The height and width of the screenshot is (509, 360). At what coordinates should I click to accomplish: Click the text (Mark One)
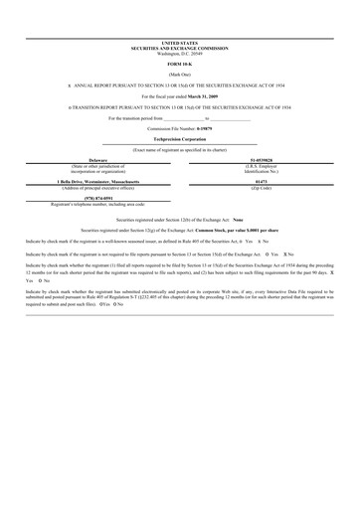(179, 75)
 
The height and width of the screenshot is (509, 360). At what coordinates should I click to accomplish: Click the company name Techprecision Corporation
(179, 139)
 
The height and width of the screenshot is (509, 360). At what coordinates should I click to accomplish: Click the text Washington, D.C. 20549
(179, 52)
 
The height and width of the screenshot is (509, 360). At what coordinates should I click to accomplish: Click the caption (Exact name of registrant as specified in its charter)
(179, 149)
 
